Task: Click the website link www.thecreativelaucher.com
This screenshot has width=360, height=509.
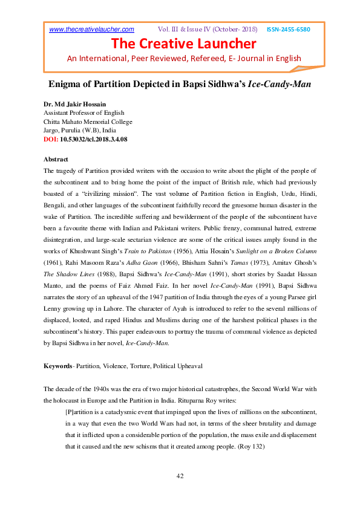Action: point(91,29)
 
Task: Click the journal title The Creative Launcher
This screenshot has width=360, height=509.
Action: point(183,44)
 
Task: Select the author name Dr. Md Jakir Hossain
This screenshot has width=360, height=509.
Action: point(74,104)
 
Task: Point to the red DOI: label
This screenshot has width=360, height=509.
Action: point(51,139)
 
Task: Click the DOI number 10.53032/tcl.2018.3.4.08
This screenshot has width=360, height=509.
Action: point(94,139)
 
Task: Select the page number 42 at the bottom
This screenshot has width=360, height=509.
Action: point(180,476)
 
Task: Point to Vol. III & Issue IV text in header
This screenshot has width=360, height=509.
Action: point(208,29)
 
